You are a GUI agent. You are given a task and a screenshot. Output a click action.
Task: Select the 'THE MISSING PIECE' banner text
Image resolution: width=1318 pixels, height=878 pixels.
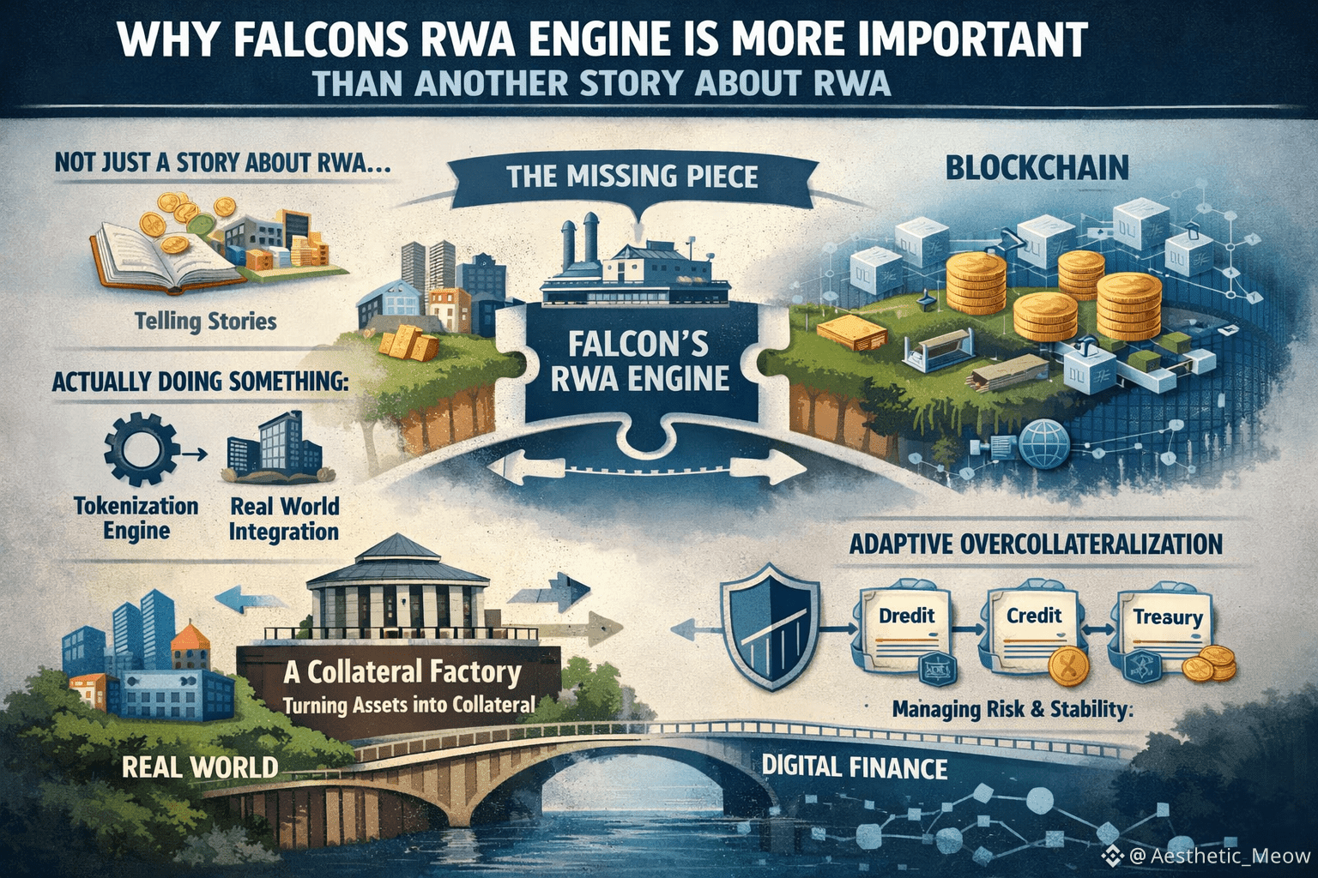[x=632, y=176]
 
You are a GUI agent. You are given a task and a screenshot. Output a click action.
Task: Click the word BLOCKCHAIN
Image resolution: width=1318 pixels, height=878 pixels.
[x=1037, y=168]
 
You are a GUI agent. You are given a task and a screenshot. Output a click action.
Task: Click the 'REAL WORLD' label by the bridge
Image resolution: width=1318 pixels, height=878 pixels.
[x=200, y=766]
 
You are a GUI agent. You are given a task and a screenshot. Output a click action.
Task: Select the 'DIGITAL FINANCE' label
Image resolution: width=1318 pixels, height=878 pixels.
[x=854, y=766]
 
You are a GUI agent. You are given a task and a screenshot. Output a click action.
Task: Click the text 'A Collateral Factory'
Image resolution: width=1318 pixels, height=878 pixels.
[x=402, y=671]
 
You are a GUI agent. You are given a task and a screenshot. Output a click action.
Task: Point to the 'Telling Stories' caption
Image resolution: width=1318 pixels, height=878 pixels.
[x=206, y=322]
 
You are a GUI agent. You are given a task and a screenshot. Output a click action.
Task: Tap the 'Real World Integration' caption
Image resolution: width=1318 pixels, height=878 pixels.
[x=284, y=518]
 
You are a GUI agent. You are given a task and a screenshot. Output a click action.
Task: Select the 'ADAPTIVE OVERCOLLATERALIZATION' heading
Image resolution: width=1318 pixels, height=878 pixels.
[x=1036, y=544]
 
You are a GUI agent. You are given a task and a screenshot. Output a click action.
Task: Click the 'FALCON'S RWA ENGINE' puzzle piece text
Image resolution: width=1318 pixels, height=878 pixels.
[x=639, y=360]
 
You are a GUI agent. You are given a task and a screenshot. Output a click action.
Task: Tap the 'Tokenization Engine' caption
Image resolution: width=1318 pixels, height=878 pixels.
[x=136, y=518]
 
